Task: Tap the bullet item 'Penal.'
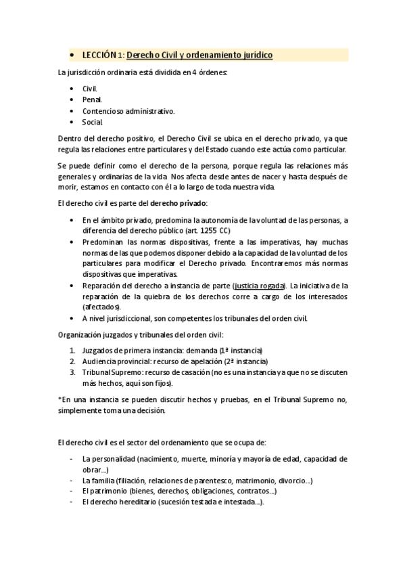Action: tap(92, 100)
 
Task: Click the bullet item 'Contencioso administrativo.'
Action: tap(128, 110)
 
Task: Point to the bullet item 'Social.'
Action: tap(93, 122)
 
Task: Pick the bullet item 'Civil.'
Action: tap(90, 89)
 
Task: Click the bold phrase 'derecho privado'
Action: tap(178, 203)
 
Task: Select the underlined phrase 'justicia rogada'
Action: tap(259, 286)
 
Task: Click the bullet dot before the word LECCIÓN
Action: tap(72, 56)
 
